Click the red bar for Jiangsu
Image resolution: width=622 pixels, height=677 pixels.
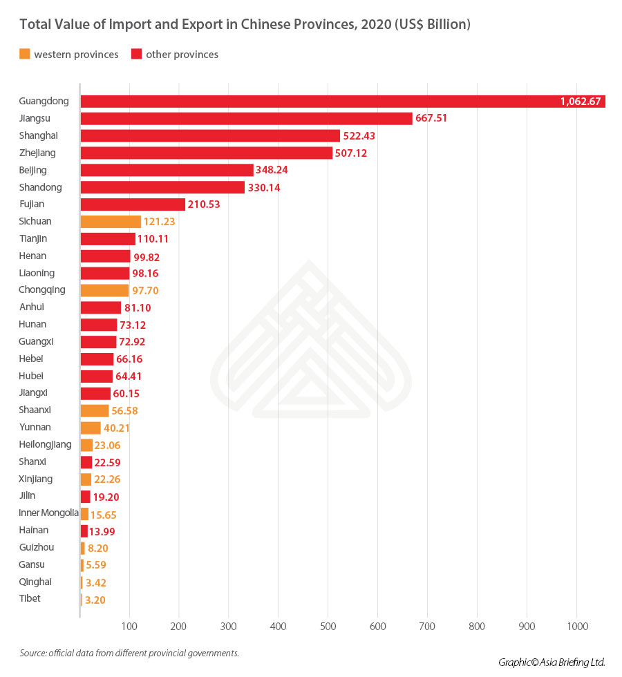[246, 118]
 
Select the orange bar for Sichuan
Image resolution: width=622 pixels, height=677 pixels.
[111, 222]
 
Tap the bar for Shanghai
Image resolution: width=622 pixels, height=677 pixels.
[210, 135]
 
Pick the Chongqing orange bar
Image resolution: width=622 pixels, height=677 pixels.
[104, 290]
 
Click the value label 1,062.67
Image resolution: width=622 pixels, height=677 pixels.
[582, 102]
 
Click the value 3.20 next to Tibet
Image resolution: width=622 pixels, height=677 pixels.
[95, 600]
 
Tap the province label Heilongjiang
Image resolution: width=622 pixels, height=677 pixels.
[46, 444]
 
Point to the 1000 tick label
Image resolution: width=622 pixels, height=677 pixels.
[577, 626]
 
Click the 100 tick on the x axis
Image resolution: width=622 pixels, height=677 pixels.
[129, 626]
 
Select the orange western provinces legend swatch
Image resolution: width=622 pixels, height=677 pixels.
[24, 54]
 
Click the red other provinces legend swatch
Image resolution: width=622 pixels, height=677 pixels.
[136, 54]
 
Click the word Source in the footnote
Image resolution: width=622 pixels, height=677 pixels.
[32, 653]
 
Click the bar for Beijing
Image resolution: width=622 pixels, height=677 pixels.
[167, 170]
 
